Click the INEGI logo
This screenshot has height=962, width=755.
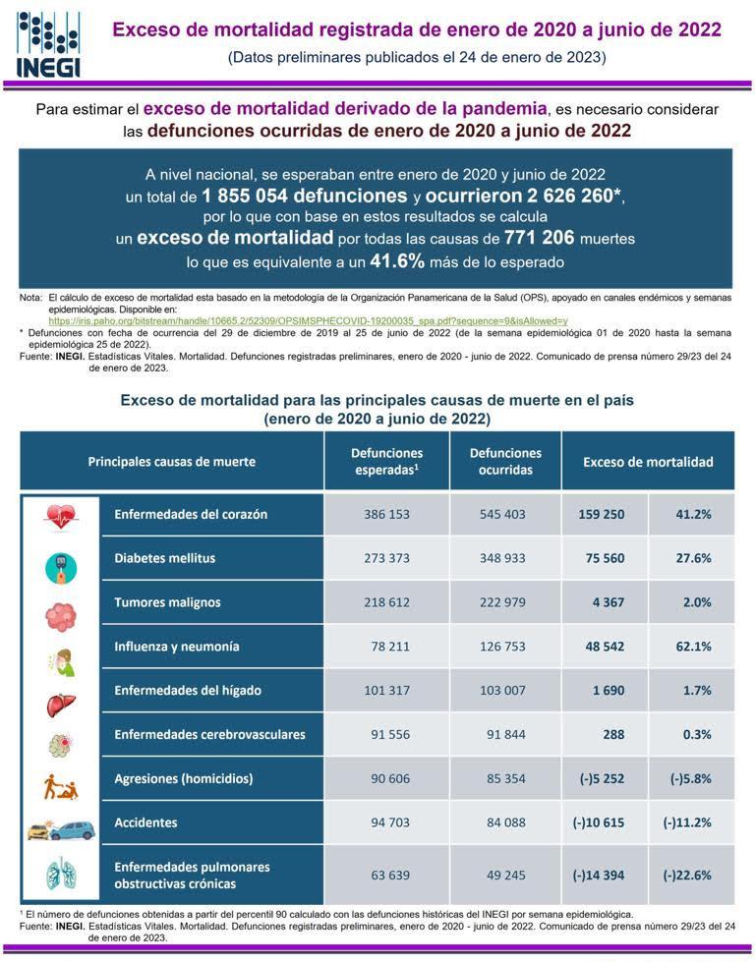[48, 43]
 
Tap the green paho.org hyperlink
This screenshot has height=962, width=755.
[308, 320]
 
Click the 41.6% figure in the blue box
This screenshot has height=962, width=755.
[397, 261]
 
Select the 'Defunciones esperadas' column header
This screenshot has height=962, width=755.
[387, 461]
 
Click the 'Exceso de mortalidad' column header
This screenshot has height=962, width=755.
[648, 461]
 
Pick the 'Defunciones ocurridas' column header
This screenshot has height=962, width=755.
[505, 461]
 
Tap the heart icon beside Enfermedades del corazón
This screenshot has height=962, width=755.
[60, 515]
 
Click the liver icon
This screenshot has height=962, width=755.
[60, 691]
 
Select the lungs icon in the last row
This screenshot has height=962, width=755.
[60, 875]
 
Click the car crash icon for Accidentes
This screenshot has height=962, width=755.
[60, 823]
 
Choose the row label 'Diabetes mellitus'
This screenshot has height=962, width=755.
[165, 558]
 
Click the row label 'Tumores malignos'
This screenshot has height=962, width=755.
[167, 602]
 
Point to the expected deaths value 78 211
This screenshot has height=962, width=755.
[387, 647]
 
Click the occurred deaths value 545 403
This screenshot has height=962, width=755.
[505, 514]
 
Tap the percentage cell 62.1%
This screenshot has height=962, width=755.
[691, 647]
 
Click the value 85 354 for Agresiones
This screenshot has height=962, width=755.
[505, 778]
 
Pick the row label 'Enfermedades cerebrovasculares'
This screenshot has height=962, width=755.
[209, 734]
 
